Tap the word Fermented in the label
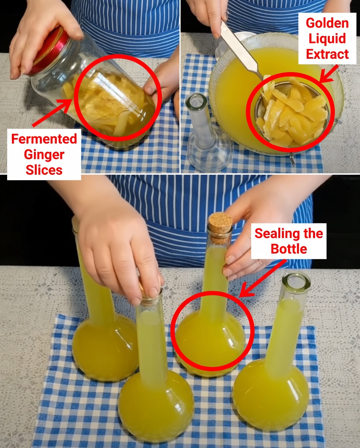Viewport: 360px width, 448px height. point(44,139)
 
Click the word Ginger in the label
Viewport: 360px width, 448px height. point(44,154)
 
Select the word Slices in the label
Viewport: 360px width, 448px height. point(44,170)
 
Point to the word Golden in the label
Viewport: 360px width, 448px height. point(327,23)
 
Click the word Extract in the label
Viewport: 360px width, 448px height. point(327,54)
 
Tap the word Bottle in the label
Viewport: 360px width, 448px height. point(289,249)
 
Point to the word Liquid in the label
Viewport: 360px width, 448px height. point(327,38)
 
